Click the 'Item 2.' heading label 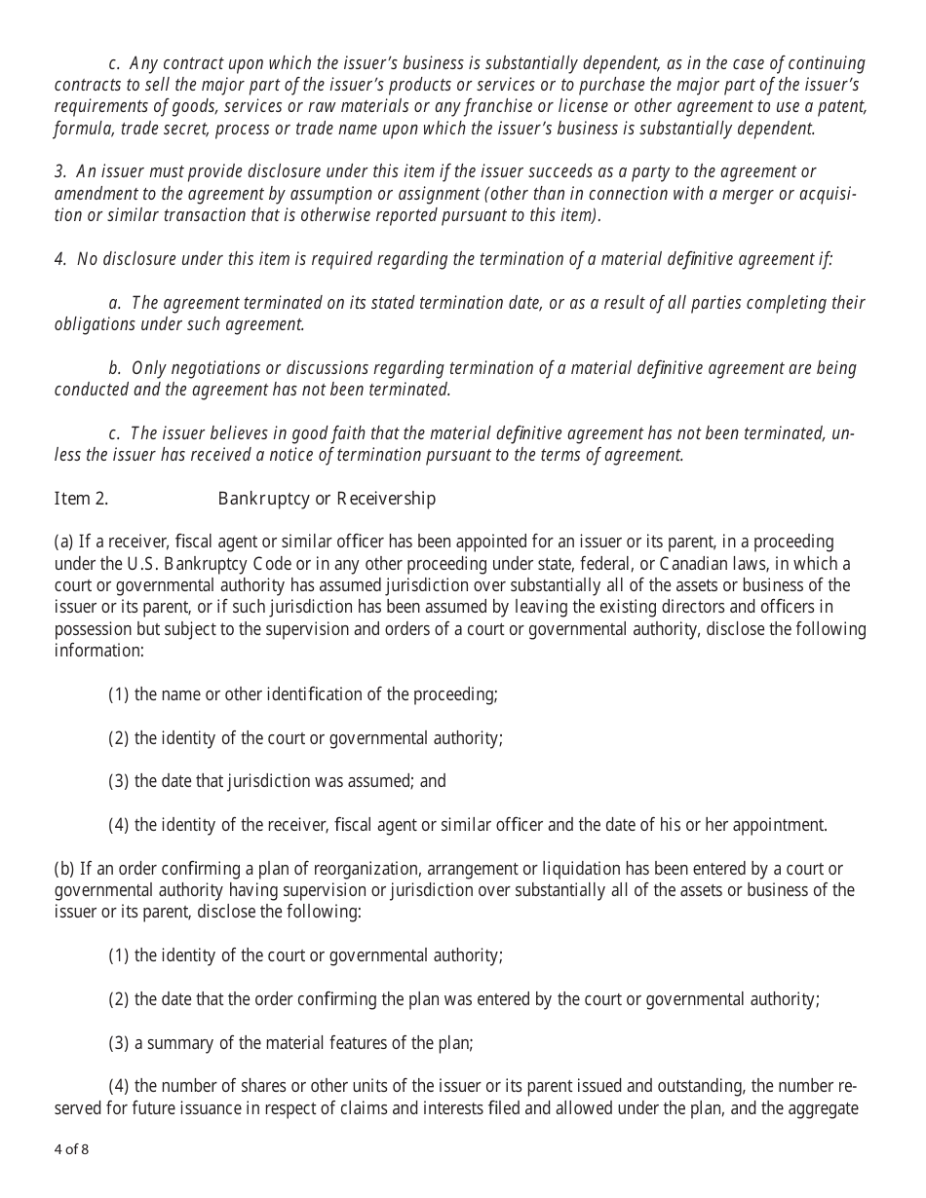pyautogui.click(x=81, y=499)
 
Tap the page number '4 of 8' pyautogui.click(x=71, y=1149)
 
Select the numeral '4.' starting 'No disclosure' pyautogui.click(x=60, y=259)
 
